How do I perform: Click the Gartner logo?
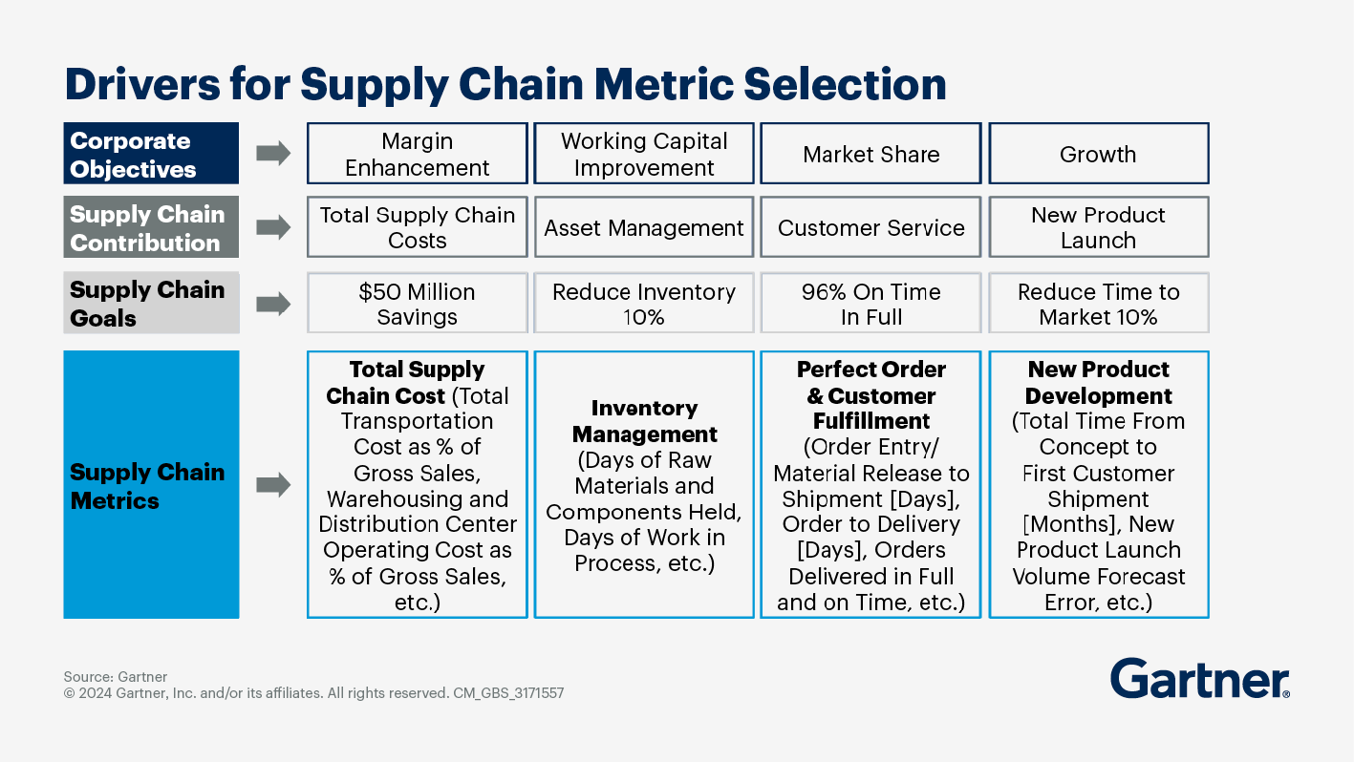[1200, 678]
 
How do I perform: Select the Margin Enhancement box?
[417, 154]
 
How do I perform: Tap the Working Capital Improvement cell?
[644, 154]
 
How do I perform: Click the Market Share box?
[870, 154]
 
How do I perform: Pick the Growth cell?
[1098, 154]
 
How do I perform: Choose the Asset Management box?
[644, 227]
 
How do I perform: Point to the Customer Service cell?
[870, 227]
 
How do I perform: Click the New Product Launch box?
[1098, 227]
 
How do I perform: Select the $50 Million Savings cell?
[417, 303]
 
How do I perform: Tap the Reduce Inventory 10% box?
[644, 303]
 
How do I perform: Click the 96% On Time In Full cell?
[870, 303]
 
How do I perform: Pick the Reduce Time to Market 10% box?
[1098, 303]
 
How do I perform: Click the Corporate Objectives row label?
[151, 154]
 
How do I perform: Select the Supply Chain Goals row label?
[151, 303]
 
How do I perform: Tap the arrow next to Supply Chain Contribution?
[273, 227]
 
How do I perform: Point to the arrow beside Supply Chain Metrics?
[273, 485]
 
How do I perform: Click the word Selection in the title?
[845, 84]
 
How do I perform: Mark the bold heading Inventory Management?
[644, 420]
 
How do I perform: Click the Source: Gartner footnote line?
[116, 677]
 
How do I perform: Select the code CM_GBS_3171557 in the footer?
[508, 693]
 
